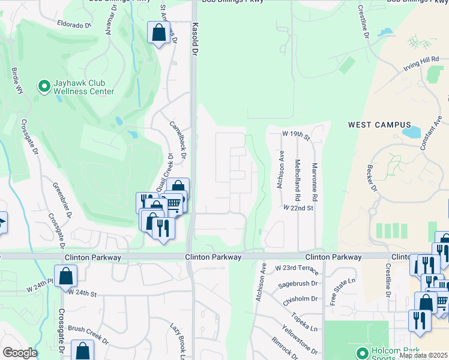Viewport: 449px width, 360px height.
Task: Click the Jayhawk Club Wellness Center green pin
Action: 44,86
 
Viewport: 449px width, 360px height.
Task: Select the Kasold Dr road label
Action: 194,37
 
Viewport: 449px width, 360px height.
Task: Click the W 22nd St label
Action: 298,208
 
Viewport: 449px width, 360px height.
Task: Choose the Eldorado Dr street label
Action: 73,26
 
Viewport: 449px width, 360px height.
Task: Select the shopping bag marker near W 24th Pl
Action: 66,276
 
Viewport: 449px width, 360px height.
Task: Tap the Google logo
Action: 20,353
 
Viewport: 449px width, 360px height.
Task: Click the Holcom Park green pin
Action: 361,353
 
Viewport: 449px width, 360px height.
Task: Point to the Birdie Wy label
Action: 16,80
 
